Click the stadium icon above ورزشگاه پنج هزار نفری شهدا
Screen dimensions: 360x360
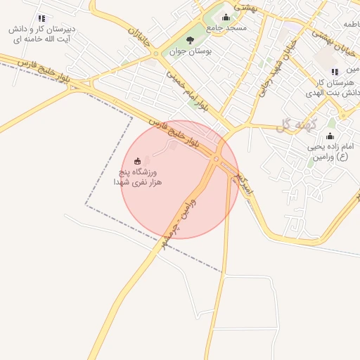137,161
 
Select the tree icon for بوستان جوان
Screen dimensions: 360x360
190,40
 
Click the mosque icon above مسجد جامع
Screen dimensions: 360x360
226,18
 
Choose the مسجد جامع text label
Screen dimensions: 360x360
226,27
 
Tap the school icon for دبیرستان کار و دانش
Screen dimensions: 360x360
41,18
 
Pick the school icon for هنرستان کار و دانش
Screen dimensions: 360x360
334,72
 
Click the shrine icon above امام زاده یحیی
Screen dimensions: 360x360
330,136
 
